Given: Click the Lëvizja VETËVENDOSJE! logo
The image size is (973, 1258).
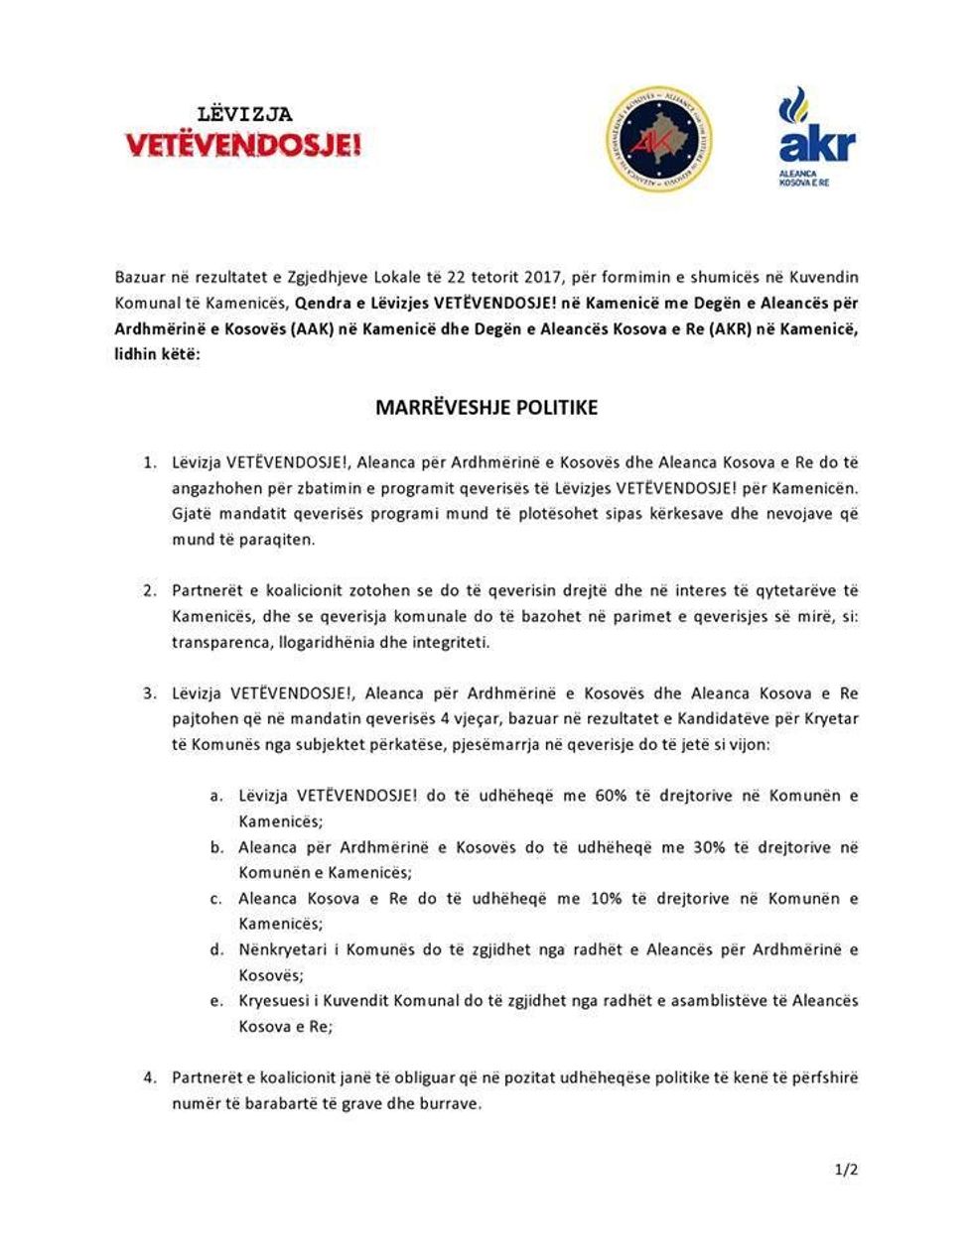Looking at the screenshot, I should [x=243, y=133].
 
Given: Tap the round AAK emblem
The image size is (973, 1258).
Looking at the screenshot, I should [x=658, y=139].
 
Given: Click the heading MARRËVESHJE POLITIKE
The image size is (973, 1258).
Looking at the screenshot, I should [x=486, y=407].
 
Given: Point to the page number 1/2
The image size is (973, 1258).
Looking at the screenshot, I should [x=846, y=1170].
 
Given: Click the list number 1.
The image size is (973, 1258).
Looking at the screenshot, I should [x=150, y=462].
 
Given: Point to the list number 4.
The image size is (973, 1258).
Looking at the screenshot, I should [x=150, y=1077].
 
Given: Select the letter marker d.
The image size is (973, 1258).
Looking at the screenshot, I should [x=215, y=949].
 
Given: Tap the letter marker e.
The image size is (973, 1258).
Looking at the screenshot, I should [x=215, y=1000].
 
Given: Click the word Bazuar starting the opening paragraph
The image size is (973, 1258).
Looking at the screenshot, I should [x=140, y=277].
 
